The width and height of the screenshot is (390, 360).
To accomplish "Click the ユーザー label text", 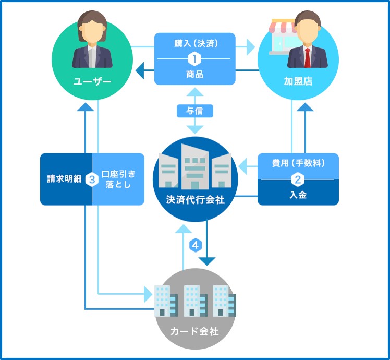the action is pos(92,81).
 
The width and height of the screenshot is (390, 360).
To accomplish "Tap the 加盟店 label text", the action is pos(298,81).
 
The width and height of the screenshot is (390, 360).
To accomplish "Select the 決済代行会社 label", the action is pos(195,200).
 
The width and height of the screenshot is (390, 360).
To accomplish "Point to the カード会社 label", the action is pos(195,331).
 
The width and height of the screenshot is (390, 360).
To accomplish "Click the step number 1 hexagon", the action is pos(194,59).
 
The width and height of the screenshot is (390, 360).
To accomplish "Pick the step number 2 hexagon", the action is pos(298,179).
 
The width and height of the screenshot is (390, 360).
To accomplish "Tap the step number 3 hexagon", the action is pos(92,179).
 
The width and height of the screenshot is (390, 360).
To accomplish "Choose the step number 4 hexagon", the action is pos(196,245).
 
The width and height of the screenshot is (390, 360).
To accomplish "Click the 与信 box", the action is pos(195,111).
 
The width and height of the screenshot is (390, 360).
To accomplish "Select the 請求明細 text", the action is pos(65,179).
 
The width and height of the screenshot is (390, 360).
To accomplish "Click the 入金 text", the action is pos(298,195).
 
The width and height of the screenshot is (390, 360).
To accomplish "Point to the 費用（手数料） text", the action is pos(298,163).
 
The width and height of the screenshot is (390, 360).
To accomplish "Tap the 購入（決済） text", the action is pos(196,44).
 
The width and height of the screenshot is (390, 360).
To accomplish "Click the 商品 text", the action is pos(195,74).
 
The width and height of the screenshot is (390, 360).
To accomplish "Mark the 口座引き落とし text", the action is pos(118,179).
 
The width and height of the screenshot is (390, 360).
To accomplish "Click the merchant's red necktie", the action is pos(308,58).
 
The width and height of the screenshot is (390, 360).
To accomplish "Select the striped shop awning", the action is pos(284,26).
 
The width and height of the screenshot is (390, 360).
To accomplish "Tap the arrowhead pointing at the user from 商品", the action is pos(140,70).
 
